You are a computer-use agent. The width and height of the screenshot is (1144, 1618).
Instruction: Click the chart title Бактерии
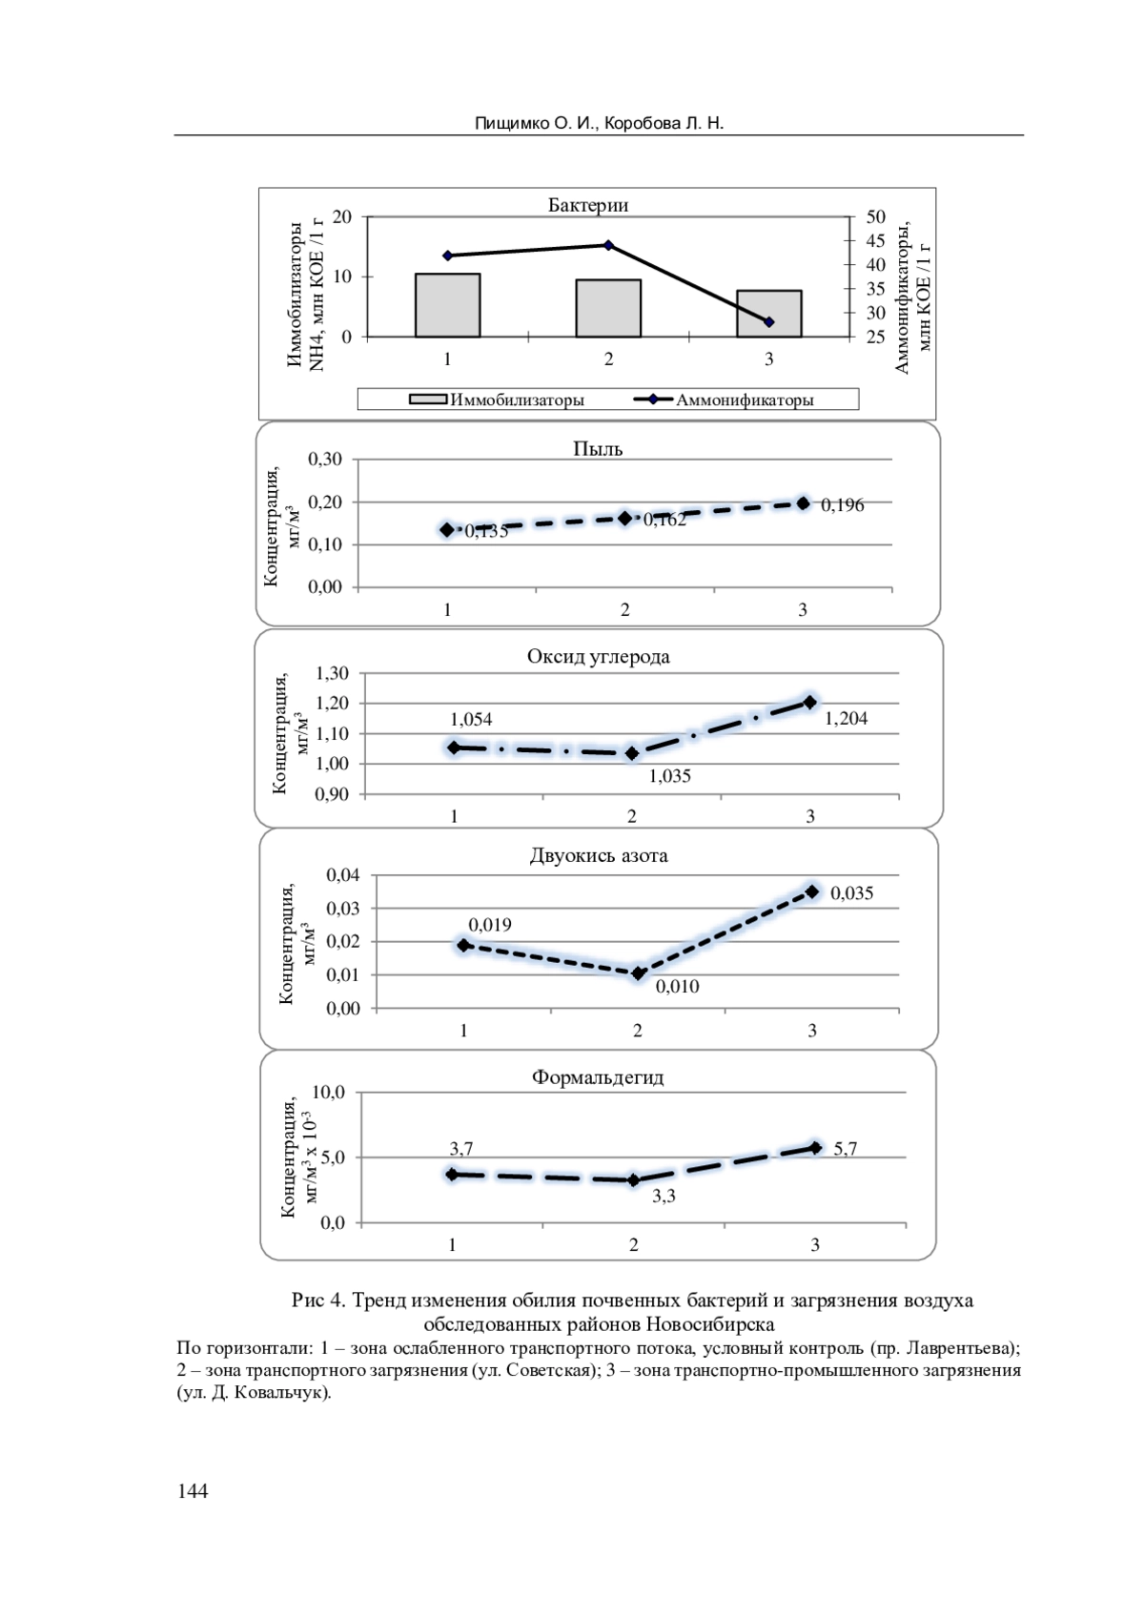[x=588, y=205]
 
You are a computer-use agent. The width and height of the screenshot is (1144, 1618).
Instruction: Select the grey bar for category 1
[x=447, y=305]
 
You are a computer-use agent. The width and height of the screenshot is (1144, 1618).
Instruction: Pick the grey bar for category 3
[x=768, y=314]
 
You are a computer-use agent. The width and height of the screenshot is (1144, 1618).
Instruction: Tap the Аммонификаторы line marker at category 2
[x=608, y=246]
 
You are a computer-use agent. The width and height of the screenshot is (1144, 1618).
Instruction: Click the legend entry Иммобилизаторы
[x=496, y=399]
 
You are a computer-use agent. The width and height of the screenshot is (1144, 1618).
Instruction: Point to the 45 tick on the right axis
[x=875, y=240]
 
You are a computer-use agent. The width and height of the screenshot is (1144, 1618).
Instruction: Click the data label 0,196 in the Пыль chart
[x=842, y=505]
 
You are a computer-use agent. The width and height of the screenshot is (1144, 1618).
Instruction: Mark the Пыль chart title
[x=598, y=448]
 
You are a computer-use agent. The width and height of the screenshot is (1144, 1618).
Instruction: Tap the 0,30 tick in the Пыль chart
[x=325, y=459]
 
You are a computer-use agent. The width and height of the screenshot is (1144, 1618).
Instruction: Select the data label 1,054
[x=471, y=719]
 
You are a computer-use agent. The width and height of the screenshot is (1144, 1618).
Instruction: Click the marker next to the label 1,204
[x=809, y=702]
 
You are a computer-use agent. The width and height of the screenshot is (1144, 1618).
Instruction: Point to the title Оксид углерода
[x=598, y=657]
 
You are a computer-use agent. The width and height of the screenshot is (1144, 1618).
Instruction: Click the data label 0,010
[x=678, y=986]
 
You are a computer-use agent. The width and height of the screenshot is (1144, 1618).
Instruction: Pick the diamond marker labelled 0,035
[x=812, y=891]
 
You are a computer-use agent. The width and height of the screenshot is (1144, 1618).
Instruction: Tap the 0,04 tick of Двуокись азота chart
[x=343, y=875]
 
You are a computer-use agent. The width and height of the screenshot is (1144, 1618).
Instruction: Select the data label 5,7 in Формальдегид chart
[x=845, y=1149]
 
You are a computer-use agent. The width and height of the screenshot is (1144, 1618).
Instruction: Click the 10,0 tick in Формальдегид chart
[x=328, y=1092]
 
